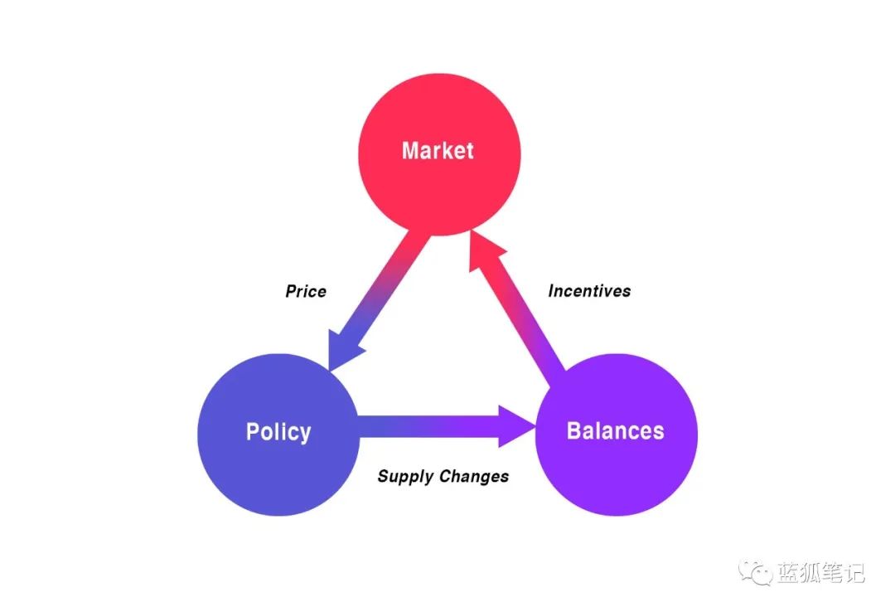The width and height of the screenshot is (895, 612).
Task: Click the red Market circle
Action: pos(439,154)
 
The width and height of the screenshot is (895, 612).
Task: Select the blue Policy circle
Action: pos(278,435)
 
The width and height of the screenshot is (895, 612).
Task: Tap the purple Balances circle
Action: pos(617,435)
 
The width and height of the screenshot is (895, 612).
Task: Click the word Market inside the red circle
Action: pos(438,151)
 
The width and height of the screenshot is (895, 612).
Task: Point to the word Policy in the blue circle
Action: pos(278,433)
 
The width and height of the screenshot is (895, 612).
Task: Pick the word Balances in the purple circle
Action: pos(615,431)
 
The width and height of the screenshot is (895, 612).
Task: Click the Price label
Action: pos(306,291)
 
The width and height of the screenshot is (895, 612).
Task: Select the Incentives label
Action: pos(590,291)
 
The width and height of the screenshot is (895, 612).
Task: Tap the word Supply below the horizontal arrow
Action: pos(405,477)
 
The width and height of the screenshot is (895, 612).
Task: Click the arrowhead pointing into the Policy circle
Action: pos(341,349)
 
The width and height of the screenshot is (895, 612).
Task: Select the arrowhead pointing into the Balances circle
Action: pos(515,426)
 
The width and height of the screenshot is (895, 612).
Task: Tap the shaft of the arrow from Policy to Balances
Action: pos(428,426)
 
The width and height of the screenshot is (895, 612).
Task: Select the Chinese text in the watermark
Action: pos(820,572)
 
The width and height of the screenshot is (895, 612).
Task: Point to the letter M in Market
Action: pos(411,151)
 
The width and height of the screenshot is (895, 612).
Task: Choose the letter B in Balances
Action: pos(573,431)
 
